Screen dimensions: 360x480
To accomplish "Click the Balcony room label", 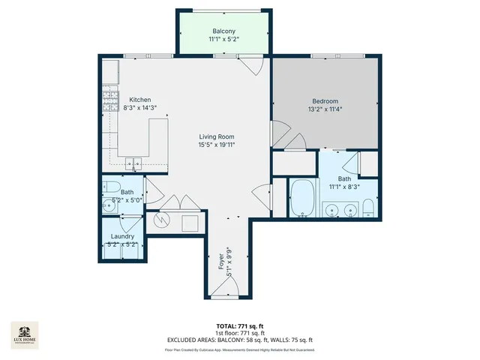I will point(223,31).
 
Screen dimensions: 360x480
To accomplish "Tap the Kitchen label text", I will point(140,100).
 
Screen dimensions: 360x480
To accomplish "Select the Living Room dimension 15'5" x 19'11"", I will point(217,145).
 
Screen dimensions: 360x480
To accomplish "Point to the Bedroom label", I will point(325,101).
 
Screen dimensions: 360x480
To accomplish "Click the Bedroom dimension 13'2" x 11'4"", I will point(325,109).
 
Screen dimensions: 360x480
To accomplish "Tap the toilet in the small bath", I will point(109,186).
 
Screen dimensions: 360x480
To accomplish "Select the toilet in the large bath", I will point(367,208).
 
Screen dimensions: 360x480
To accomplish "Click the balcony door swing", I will point(256,64).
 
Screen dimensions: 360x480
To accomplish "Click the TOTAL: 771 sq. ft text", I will point(239,325).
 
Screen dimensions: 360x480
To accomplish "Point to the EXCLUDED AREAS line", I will point(239,340).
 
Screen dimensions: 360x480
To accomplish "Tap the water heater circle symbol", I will point(161,221).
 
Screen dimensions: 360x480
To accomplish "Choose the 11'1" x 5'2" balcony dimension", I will point(223,40).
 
